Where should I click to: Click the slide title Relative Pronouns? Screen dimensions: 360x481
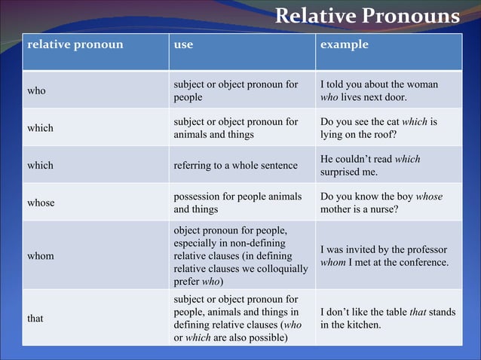(x=366, y=16)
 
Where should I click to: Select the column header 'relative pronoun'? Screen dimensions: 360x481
(x=75, y=44)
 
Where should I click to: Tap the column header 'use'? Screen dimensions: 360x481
(x=183, y=44)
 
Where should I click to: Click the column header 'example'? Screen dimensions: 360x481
(x=345, y=44)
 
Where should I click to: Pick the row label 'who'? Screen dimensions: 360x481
(x=36, y=90)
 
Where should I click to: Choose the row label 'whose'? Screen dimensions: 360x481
(x=41, y=203)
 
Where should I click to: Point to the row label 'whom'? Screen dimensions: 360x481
(x=41, y=255)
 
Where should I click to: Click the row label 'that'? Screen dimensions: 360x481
(x=35, y=318)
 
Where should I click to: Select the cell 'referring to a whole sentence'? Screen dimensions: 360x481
(x=235, y=165)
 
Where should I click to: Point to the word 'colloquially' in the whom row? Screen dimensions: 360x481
(x=280, y=268)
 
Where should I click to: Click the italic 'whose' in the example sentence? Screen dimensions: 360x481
(x=428, y=197)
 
